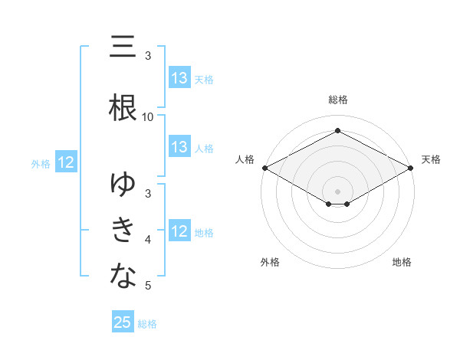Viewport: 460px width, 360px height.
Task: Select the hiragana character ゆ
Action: click(123, 185)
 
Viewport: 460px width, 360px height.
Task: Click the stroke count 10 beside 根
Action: click(148, 116)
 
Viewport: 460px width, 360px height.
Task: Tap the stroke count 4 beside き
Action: click(148, 240)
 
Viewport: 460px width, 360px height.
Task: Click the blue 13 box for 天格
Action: click(179, 78)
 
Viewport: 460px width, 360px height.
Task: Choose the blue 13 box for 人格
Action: click(179, 147)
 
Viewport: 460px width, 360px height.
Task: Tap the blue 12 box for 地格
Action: click(179, 231)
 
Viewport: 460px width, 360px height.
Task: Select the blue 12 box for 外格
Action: click(65, 162)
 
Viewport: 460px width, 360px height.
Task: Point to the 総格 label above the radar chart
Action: click(338, 100)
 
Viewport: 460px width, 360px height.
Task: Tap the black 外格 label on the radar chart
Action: click(270, 262)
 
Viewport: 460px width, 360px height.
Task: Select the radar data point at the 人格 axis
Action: click(264, 168)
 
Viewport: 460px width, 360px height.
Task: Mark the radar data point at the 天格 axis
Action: click(412, 168)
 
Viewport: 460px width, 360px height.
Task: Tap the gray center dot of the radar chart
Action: click(338, 191)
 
